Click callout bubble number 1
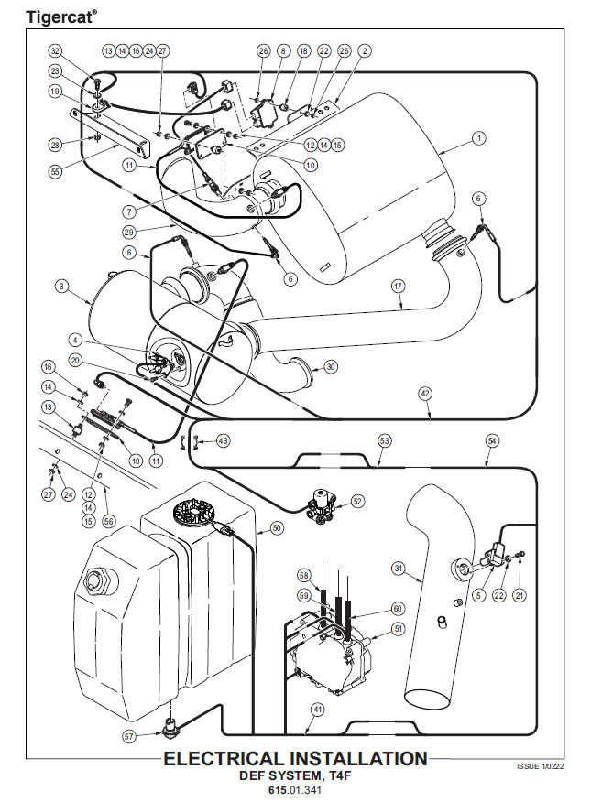[478, 139]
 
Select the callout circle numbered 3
[60, 287]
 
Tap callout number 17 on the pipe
[398, 286]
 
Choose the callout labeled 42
[424, 393]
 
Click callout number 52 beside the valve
[357, 501]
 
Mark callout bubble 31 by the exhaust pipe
[399, 569]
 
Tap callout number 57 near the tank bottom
[128, 735]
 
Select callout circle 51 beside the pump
[399, 629]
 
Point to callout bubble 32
[56, 50]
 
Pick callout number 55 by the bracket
[55, 170]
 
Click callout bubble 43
[224, 441]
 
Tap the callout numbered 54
[492, 441]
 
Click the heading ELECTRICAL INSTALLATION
[295, 758]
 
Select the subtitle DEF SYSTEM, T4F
[295, 775]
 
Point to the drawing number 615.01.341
[295, 788]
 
